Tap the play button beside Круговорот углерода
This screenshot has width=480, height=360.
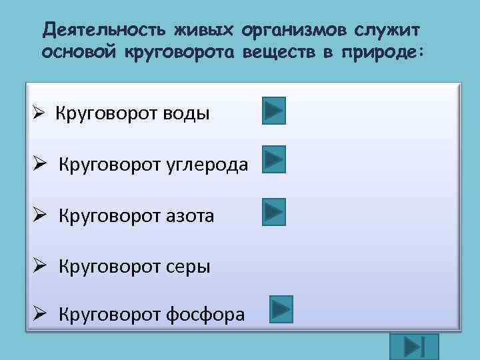click(x=273, y=160)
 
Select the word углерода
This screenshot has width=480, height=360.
click(x=214, y=165)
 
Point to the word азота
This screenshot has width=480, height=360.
click(x=187, y=216)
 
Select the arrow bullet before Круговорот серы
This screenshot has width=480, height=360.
click(x=39, y=267)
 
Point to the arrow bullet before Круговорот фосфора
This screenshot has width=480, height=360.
click(x=39, y=313)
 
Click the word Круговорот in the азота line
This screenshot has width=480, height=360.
click(x=107, y=216)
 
